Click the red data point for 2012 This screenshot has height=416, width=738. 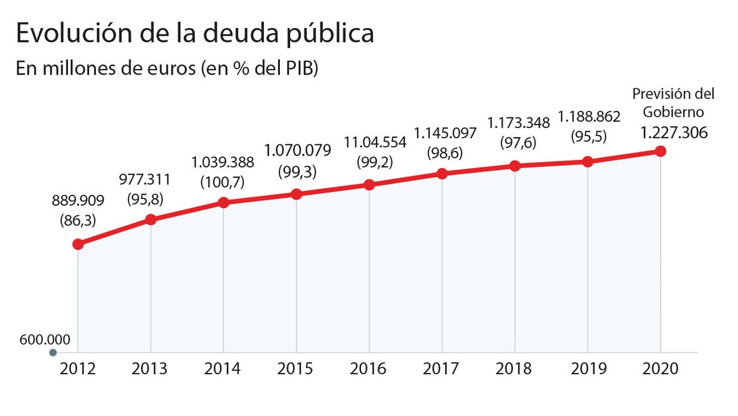[x=77, y=244]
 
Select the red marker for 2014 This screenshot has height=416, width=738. [x=223, y=203]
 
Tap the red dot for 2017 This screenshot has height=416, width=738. [x=442, y=174]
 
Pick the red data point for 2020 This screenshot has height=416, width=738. [x=661, y=151]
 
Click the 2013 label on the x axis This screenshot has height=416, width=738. [x=150, y=369]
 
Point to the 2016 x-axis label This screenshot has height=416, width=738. [x=369, y=369]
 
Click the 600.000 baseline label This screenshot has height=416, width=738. [x=45, y=340]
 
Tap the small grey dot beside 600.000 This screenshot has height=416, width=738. [x=53, y=353]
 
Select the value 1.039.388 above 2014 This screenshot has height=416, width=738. [x=223, y=162]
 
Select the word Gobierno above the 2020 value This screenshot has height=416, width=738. [x=673, y=113]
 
